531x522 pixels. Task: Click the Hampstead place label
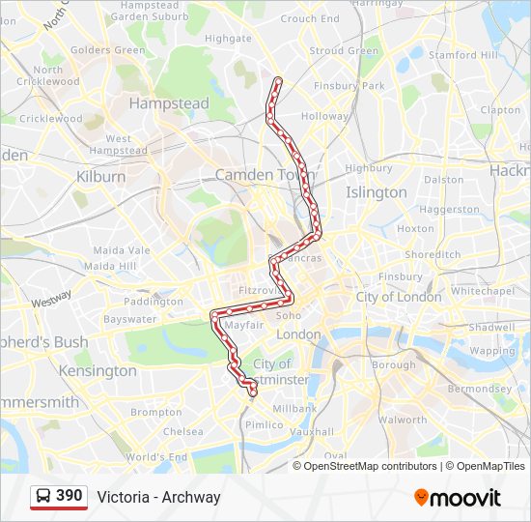(168, 102)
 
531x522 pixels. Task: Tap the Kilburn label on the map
(100, 177)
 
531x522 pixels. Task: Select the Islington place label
(377, 192)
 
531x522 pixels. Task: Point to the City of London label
(399, 297)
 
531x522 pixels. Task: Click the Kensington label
(98, 370)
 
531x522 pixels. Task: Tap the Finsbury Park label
(349, 86)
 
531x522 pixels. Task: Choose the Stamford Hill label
(465, 55)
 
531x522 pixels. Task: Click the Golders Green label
(107, 49)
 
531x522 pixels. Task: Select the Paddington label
(154, 301)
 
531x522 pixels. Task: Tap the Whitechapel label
(483, 291)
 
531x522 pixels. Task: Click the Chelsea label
(183, 432)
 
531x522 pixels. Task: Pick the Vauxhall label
(313, 432)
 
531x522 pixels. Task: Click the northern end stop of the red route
(278, 80)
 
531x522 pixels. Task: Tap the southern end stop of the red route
(253, 392)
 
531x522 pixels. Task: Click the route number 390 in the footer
(69, 496)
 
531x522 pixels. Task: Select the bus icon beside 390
(43, 497)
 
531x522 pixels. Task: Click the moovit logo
(458, 498)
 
